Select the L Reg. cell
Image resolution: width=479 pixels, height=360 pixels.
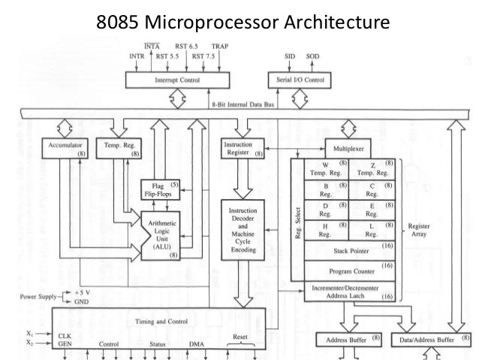tap(372, 229)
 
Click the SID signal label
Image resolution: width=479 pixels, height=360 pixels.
tap(290, 56)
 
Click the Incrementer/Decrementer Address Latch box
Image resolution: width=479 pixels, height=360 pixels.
tap(349, 292)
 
